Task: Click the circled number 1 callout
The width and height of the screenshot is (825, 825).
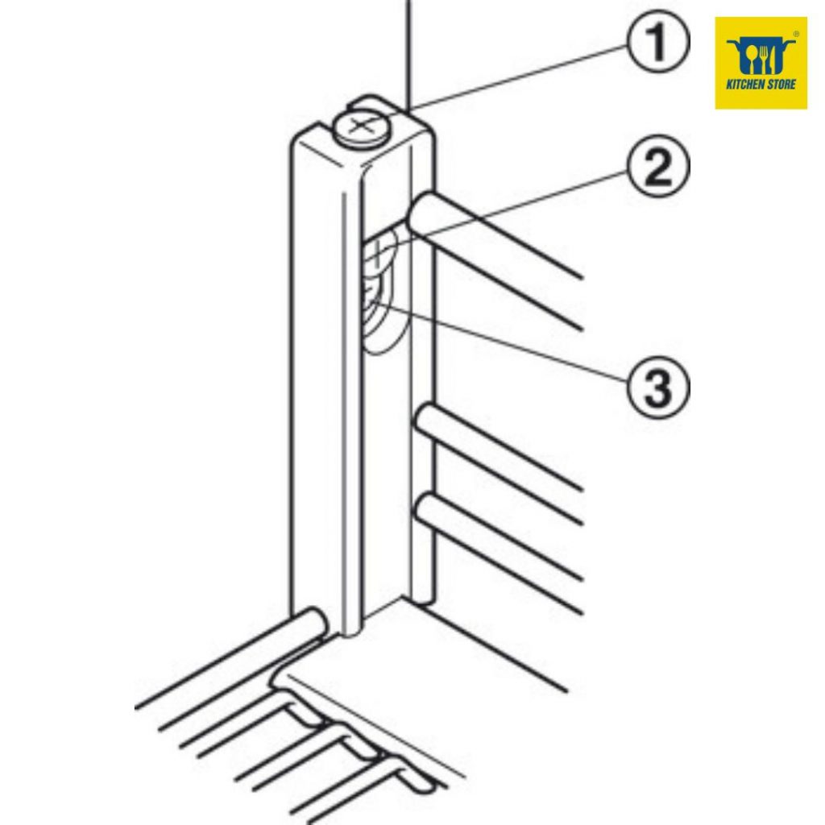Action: pos(657,41)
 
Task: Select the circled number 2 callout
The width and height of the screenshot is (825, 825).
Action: pos(657,166)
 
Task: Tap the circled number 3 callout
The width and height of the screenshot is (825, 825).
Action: pos(657,387)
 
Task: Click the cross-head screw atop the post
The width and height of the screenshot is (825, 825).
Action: pos(361,126)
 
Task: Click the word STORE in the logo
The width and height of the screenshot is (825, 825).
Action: pos(781,84)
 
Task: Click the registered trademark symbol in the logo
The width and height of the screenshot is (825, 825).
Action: pos(796,34)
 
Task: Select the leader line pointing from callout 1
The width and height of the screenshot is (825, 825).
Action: pos(518,78)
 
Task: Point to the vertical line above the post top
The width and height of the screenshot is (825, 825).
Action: pos(408,55)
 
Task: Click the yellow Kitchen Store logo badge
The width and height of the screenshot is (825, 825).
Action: pos(761,63)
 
